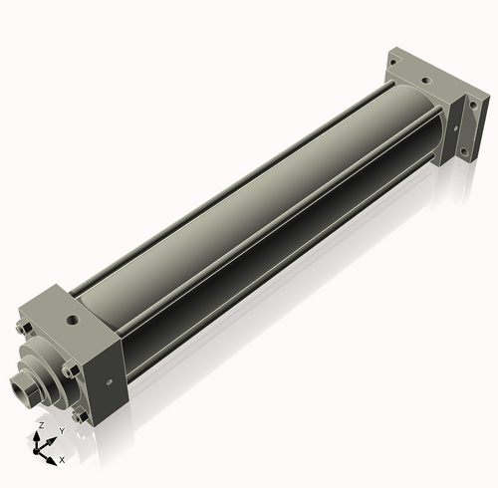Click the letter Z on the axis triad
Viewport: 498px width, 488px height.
(42, 425)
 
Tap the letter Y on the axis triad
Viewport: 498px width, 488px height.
(62, 431)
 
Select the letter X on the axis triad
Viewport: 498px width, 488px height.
(62, 460)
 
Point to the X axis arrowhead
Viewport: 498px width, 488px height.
(51, 460)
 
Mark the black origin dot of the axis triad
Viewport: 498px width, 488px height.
(36, 451)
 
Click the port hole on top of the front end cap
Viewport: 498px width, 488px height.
(73, 321)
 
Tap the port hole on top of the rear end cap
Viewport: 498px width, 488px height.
(425, 80)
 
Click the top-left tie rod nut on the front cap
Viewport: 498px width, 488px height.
(24, 328)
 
